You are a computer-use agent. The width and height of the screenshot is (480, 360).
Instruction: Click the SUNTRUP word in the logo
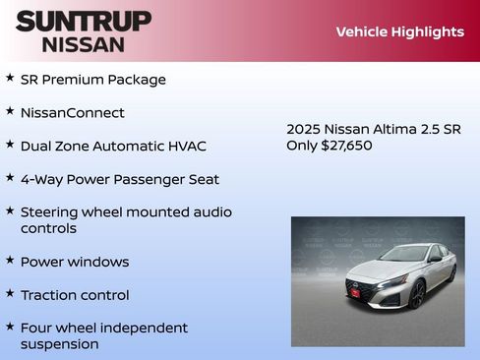tap(83, 21)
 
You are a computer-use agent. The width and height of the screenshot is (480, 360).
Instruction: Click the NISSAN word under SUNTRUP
tap(83, 43)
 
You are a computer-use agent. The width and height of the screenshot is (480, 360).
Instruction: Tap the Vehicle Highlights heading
tap(399, 31)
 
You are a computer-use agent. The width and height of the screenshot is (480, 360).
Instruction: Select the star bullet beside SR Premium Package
tap(10, 78)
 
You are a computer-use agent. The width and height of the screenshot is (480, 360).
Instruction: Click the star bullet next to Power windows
tap(10, 261)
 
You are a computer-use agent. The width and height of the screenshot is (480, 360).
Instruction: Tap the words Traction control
tap(75, 294)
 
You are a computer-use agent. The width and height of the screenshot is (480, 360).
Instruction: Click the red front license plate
tap(354, 291)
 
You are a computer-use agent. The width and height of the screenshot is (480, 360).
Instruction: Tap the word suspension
tap(59, 343)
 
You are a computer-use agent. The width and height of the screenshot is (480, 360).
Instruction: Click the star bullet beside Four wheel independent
tap(10, 327)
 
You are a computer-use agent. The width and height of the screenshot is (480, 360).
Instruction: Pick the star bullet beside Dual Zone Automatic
tap(10, 145)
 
